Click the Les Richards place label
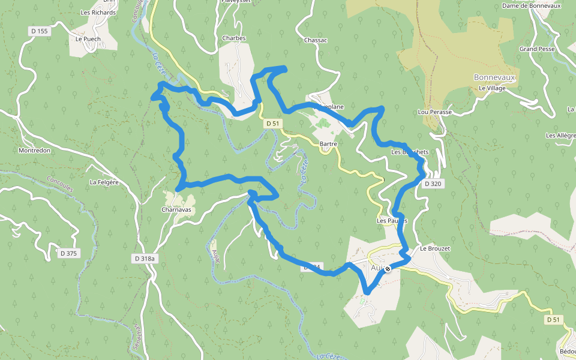(x=98, y=12)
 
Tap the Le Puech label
(x=88, y=39)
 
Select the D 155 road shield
(x=41, y=31)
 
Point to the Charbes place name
(x=234, y=38)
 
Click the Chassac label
(x=316, y=40)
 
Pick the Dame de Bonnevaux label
(x=532, y=6)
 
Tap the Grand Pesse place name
(x=537, y=49)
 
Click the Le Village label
(x=492, y=88)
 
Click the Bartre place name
(x=329, y=144)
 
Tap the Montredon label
(x=35, y=151)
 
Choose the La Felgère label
(x=103, y=182)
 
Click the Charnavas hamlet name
(x=176, y=211)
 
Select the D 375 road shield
(x=69, y=253)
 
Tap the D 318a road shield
(x=145, y=259)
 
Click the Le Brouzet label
(x=434, y=248)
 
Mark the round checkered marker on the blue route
(x=388, y=269)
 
